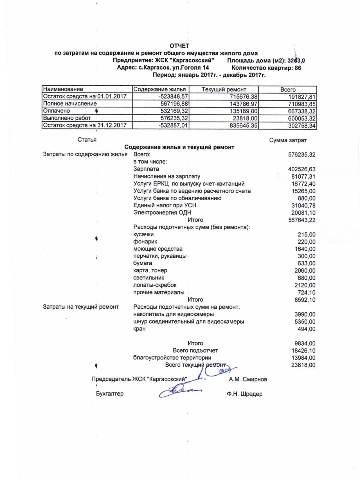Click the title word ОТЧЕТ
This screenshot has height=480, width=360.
point(179,46)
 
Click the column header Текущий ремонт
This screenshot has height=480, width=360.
point(224,89)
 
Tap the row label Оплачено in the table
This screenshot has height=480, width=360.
point(57,111)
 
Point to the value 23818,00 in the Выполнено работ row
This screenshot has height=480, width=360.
point(244,118)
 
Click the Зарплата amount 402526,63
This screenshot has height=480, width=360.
point(301,169)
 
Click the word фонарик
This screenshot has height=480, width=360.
point(145,242)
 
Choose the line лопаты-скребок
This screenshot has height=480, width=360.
point(155,285)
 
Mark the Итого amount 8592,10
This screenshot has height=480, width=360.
point(305,300)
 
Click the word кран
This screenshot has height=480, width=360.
point(139,329)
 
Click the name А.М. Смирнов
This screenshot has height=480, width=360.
point(248,380)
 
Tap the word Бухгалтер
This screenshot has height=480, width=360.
point(110,394)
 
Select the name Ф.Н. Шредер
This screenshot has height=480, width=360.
point(244,394)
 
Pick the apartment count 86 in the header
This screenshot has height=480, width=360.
point(298,68)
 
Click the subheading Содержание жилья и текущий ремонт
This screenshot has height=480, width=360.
point(179,147)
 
